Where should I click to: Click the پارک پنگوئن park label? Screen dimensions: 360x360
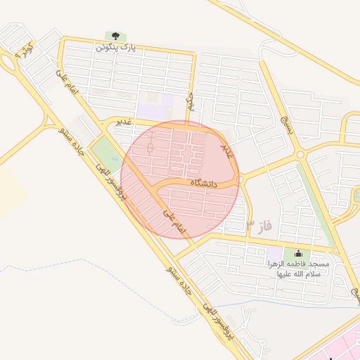click(115, 47)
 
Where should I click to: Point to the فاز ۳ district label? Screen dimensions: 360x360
click(258, 226)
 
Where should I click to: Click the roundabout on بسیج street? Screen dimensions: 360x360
click(301, 153)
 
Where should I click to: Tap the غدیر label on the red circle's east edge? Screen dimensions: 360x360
click(226, 149)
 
